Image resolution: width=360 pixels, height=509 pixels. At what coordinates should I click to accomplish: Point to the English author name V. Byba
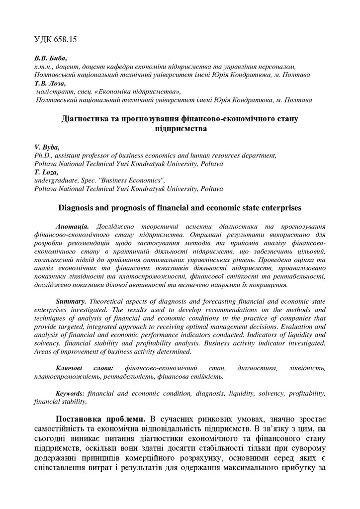click(47, 148)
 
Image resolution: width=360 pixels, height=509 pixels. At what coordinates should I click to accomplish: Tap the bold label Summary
click(71, 301)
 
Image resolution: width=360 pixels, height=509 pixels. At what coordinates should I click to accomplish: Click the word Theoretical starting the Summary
click(109, 301)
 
